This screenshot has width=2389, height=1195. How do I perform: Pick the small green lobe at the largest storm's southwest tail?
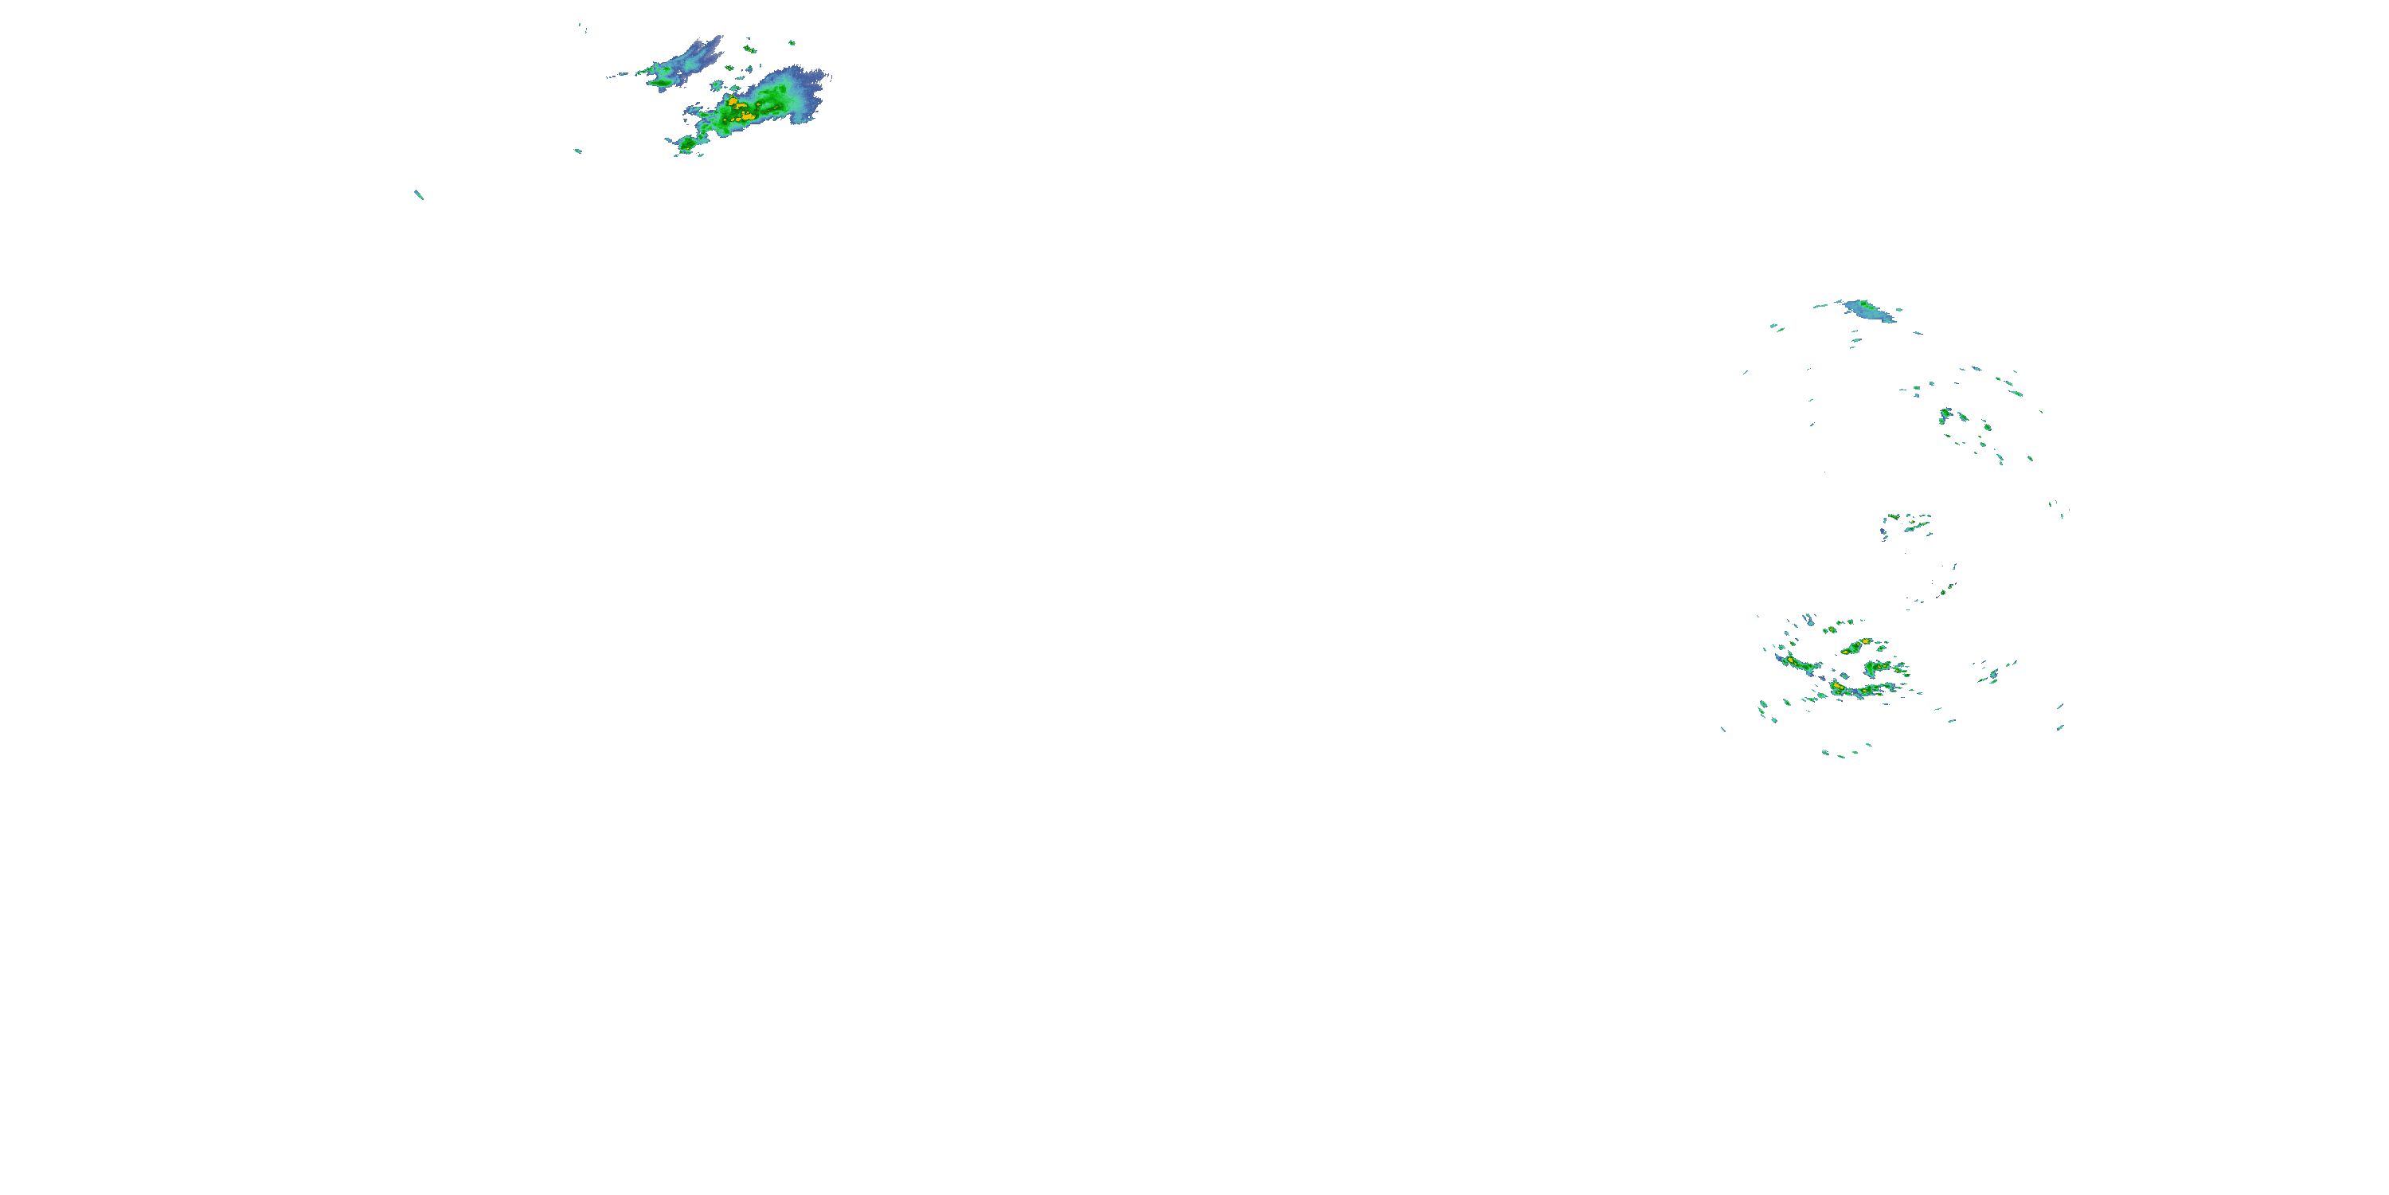(x=687, y=144)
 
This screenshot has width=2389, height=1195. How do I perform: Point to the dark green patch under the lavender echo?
(x=663, y=81)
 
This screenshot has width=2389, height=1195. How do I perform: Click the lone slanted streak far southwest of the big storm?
(x=418, y=195)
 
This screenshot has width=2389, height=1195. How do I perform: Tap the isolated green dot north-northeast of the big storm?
(x=791, y=41)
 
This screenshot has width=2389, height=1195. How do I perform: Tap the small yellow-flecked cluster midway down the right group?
(x=1908, y=524)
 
